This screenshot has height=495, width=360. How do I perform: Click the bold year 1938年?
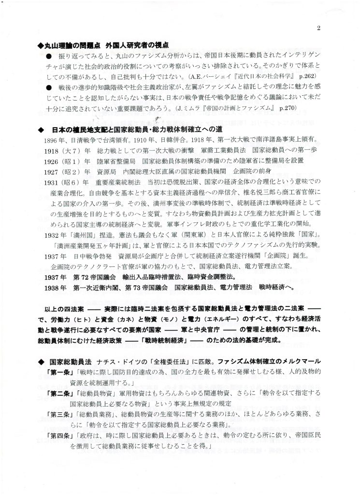point(54,287)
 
